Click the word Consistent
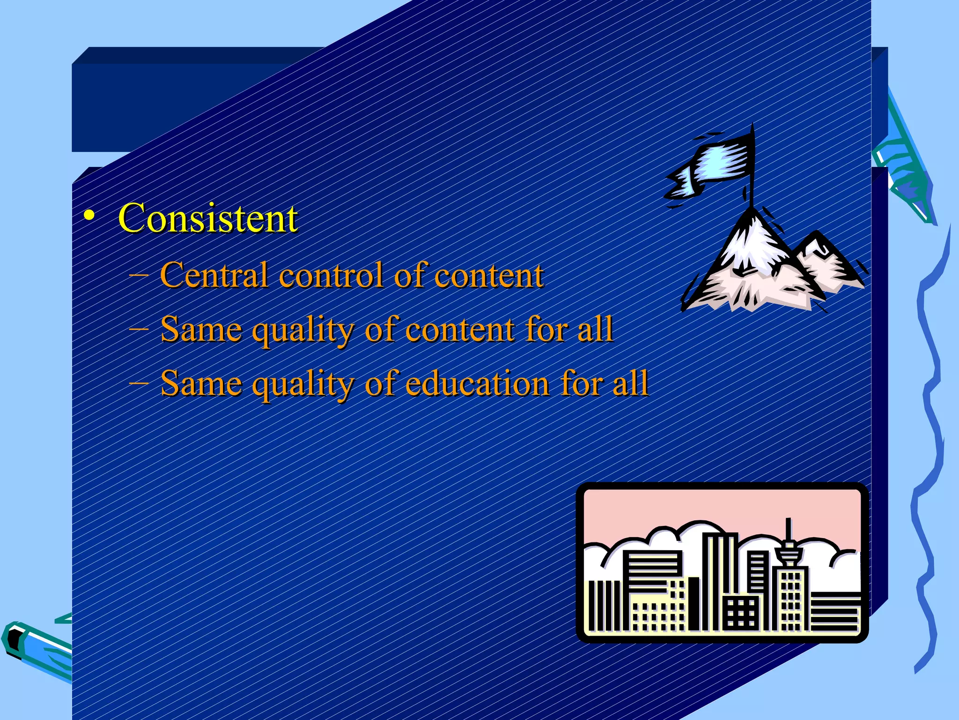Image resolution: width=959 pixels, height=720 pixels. coord(207,218)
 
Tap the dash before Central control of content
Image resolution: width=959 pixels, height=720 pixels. coord(138,276)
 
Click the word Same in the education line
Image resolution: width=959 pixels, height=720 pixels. coord(201,383)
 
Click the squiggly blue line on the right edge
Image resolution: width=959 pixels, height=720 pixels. coord(929,422)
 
